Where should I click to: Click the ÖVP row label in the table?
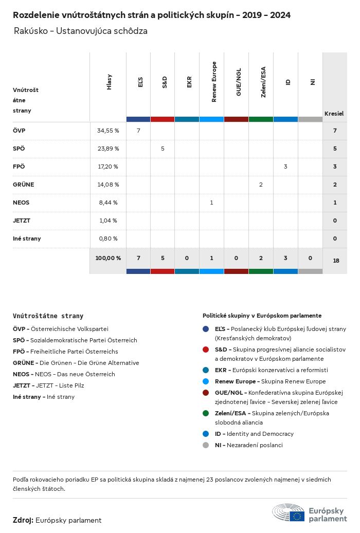point(19,131)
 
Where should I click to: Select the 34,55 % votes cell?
point(108,131)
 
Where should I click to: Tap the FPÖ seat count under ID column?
point(285,167)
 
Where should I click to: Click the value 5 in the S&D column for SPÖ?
point(163,149)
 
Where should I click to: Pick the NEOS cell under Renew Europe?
point(211,203)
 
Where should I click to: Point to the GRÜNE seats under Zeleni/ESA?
point(261,185)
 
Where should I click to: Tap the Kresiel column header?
point(334,113)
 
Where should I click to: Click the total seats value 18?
point(336,261)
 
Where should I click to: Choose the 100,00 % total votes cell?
point(108,258)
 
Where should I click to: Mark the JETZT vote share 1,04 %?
point(108,220)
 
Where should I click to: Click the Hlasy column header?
point(109,82)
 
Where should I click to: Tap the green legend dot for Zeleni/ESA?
point(206,413)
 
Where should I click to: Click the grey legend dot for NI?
point(206,445)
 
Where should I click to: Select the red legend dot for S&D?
point(206,350)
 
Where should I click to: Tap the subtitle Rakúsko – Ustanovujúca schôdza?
point(81,31)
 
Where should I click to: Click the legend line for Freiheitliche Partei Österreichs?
point(65,352)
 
